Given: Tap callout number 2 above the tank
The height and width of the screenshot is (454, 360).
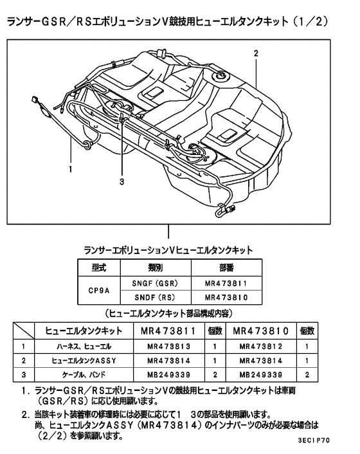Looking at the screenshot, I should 256,53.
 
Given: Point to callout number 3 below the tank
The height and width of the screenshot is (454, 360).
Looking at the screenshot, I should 121,182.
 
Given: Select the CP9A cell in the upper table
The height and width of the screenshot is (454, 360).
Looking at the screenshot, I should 98,290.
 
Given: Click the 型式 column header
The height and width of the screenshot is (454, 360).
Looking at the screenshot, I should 98,267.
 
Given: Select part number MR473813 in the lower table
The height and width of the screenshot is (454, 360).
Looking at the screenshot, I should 169,346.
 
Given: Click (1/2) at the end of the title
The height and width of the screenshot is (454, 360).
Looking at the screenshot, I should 309,22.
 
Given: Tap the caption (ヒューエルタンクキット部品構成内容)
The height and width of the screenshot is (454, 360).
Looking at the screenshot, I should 168,314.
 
